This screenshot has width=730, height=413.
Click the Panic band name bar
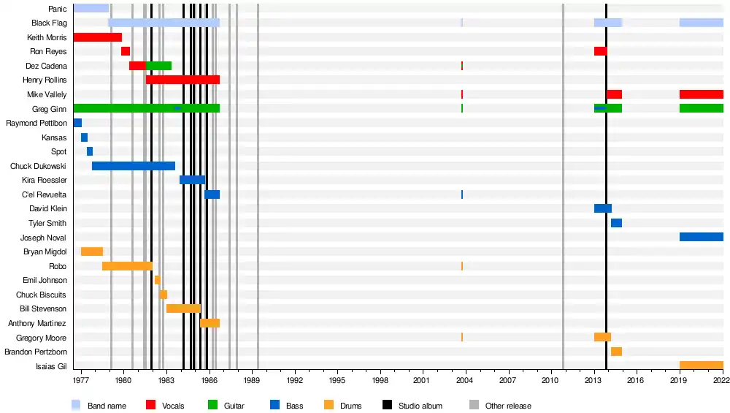pyautogui.click(x=91, y=8)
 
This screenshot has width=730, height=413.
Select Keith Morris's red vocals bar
pyautogui.click(x=97, y=37)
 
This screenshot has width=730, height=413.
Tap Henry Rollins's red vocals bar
pyautogui.click(x=182, y=80)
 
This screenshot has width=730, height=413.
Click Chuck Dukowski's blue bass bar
pyautogui.click(x=133, y=166)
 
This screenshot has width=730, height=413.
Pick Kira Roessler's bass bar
pyautogui.click(x=192, y=180)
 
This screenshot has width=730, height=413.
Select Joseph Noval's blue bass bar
pyautogui.click(x=701, y=237)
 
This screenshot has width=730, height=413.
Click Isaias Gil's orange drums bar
pyautogui.click(x=701, y=365)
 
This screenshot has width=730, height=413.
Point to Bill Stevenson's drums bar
pyautogui.click(x=183, y=308)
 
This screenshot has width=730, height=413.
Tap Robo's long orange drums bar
pyautogui.click(x=127, y=266)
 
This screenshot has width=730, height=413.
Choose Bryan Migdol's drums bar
pyautogui.click(x=92, y=251)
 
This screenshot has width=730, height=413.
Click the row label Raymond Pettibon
pyautogui.click(x=36, y=124)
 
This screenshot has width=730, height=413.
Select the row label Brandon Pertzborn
pyautogui.click(x=35, y=352)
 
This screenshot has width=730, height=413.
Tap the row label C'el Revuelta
pyautogui.click(x=45, y=194)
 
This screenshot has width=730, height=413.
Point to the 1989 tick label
pyautogui.click(x=252, y=382)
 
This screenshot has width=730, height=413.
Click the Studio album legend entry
pyautogui.click(x=413, y=406)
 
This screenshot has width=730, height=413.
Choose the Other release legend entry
pyautogui.click(x=500, y=406)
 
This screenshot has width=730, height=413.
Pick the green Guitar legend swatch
pyautogui.click(x=213, y=405)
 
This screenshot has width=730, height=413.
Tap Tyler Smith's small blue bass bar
pyautogui.click(x=616, y=223)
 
